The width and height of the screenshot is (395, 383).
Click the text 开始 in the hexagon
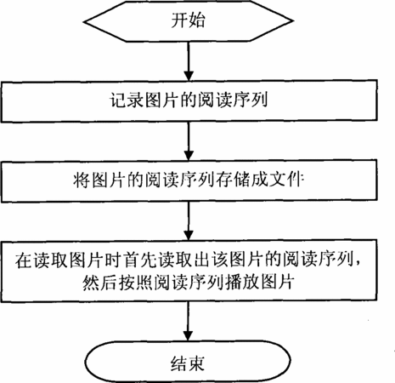click(188, 20)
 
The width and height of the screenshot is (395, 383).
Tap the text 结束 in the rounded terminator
click(188, 363)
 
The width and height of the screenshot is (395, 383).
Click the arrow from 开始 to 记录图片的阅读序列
click(189, 61)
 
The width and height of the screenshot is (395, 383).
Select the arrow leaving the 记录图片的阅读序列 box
click(189, 141)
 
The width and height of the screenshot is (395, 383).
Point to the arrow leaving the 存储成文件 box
click(189, 221)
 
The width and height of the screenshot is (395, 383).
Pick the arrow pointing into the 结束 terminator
click(188, 321)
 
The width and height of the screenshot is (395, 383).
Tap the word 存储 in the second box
click(234, 180)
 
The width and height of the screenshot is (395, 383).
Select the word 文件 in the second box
click(286, 180)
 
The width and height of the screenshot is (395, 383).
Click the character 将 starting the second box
click(82, 180)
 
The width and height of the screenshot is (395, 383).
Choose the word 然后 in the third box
click(99, 282)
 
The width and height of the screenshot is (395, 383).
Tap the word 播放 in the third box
click(243, 282)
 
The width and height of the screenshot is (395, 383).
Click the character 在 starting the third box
click(23, 260)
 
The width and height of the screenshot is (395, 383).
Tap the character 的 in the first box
click(189, 100)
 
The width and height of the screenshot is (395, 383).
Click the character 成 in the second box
click(260, 180)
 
